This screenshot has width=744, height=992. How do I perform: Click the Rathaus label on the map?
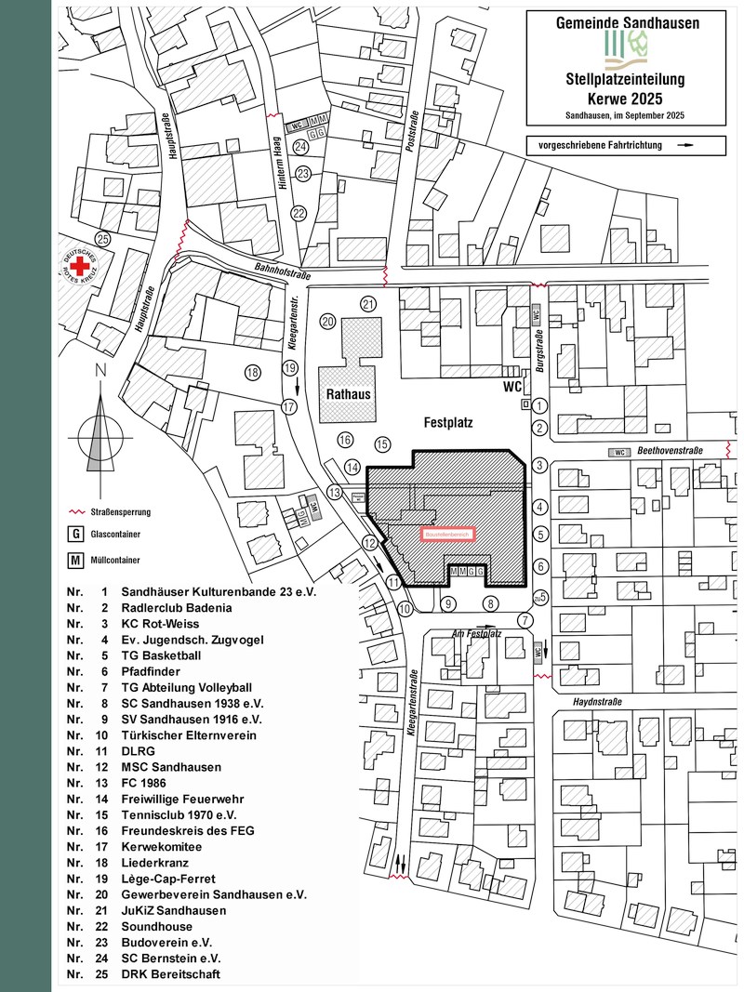349,394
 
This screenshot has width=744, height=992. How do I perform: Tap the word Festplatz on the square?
446,422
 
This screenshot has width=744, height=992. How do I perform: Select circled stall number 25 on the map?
102,239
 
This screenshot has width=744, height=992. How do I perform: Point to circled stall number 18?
252,373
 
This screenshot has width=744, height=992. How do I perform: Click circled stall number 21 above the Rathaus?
368,304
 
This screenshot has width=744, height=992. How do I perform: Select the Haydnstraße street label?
597,703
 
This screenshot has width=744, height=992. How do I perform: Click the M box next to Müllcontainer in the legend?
73,561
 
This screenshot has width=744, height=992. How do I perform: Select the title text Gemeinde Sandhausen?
627,20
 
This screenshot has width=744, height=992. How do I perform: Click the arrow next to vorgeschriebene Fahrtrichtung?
685,146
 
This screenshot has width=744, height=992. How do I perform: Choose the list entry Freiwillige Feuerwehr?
178,799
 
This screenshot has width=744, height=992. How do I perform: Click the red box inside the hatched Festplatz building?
447,535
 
